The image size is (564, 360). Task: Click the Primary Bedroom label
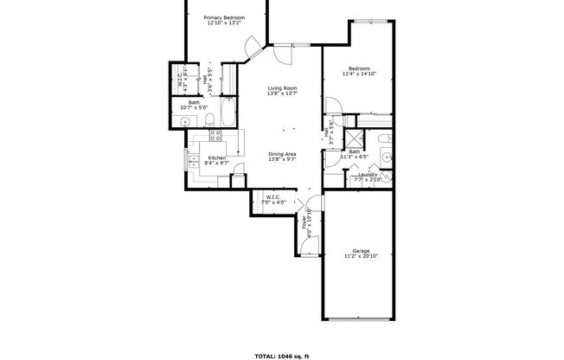(x=224, y=17)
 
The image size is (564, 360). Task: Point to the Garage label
(x=361, y=251)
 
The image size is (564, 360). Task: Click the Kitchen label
(x=217, y=157)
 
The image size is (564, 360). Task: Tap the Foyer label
(x=304, y=227)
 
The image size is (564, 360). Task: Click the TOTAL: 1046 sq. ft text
(x=282, y=355)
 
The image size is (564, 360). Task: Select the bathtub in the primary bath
(x=229, y=113)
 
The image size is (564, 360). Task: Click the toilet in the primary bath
(x=210, y=121)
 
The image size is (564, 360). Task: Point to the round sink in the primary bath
(x=185, y=121)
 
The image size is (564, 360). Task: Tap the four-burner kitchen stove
(x=215, y=135)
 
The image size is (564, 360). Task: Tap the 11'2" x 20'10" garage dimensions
(x=361, y=257)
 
